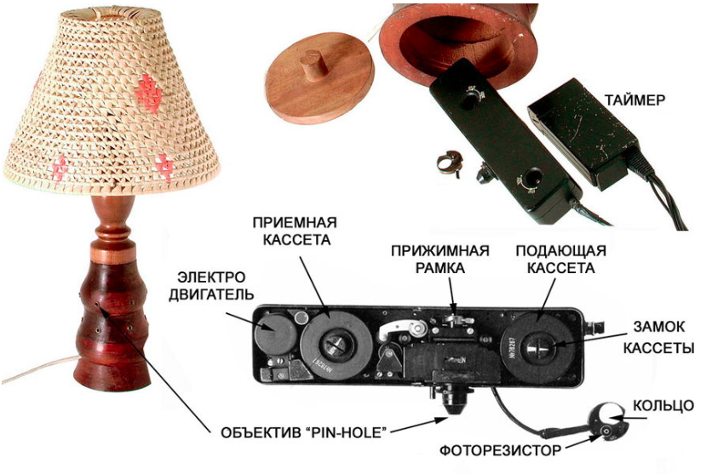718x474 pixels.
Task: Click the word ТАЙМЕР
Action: click(x=635, y=100)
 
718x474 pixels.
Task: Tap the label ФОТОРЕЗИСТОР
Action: click(x=500, y=451)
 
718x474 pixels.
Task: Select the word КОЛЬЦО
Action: click(x=663, y=406)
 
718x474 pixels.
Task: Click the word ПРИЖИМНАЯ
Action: click(x=439, y=251)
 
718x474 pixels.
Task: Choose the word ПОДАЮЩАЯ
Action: click(x=561, y=251)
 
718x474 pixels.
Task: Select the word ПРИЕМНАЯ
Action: click(x=295, y=223)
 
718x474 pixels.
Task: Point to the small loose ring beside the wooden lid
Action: click(x=449, y=163)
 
